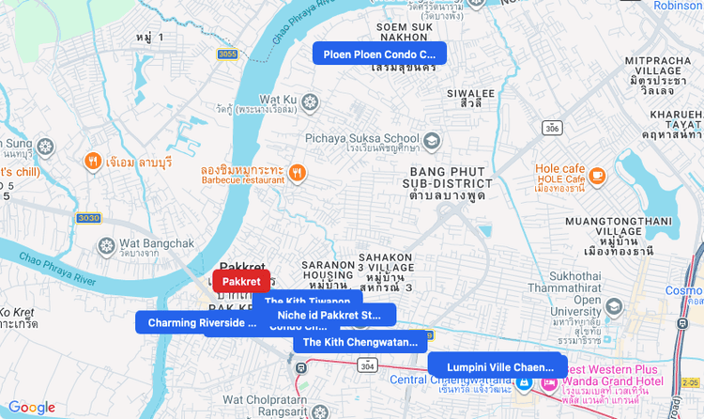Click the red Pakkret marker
click(x=241, y=281)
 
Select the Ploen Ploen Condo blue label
click(x=379, y=54)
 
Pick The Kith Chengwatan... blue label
click(x=360, y=342)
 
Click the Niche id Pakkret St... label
click(x=337, y=315)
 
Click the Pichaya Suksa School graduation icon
click(x=432, y=142)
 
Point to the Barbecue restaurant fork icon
click(x=298, y=172)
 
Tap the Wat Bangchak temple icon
click(x=106, y=246)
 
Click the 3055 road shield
click(x=227, y=54)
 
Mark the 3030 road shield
click(x=88, y=218)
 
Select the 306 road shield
click(x=553, y=128)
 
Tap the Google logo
click(x=32, y=408)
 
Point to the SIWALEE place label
click(x=470, y=94)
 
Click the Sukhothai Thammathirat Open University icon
click(x=614, y=306)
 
